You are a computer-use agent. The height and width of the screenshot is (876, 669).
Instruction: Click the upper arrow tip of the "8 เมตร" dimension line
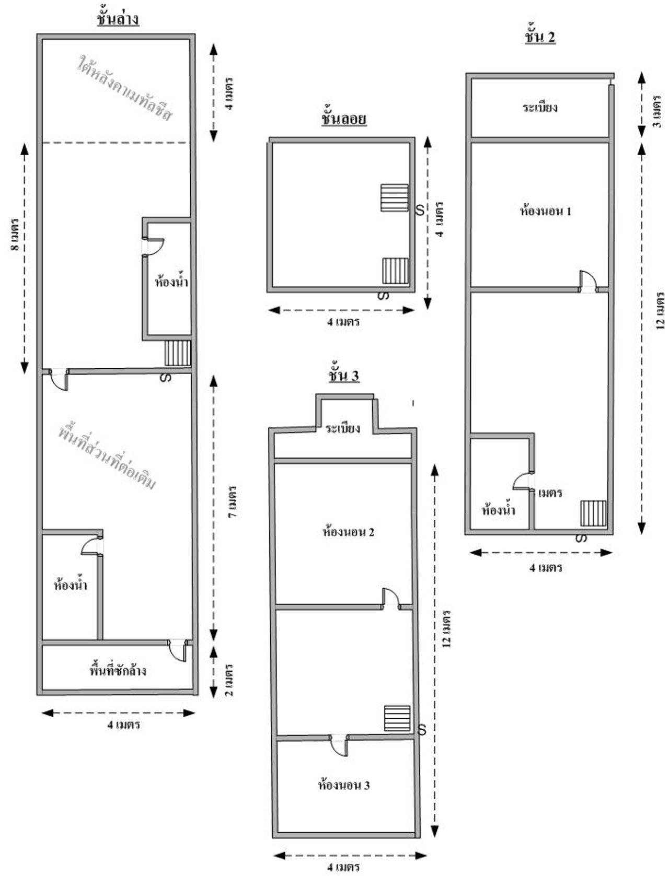(25, 144)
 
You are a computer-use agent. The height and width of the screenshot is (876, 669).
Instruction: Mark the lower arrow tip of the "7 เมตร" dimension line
(214, 641)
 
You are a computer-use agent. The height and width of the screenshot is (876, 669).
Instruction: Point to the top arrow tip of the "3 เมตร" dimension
(641, 72)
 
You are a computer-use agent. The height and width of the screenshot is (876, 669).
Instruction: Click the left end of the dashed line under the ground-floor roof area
(42, 143)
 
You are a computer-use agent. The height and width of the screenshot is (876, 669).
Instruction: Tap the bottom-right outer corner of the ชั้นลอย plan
(415, 292)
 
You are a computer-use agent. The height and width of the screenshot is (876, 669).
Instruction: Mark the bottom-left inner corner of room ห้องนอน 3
(278, 833)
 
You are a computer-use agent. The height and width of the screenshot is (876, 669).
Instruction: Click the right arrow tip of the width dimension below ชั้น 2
(612, 553)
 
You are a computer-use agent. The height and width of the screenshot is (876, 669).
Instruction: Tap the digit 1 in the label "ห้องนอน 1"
(569, 211)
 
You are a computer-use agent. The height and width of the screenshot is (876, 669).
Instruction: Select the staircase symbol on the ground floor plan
(178, 353)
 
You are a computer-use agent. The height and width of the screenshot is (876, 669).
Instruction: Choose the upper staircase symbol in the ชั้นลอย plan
(395, 197)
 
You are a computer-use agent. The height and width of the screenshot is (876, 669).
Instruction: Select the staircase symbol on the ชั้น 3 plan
(397, 718)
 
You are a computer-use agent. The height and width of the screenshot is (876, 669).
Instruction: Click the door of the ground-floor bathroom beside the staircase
(153, 247)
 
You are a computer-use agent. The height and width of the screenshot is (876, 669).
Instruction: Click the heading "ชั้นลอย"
(344, 119)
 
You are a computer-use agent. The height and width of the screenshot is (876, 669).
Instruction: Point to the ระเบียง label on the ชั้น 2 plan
(540, 108)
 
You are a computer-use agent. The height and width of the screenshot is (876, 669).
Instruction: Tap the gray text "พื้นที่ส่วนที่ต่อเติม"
(106, 458)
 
